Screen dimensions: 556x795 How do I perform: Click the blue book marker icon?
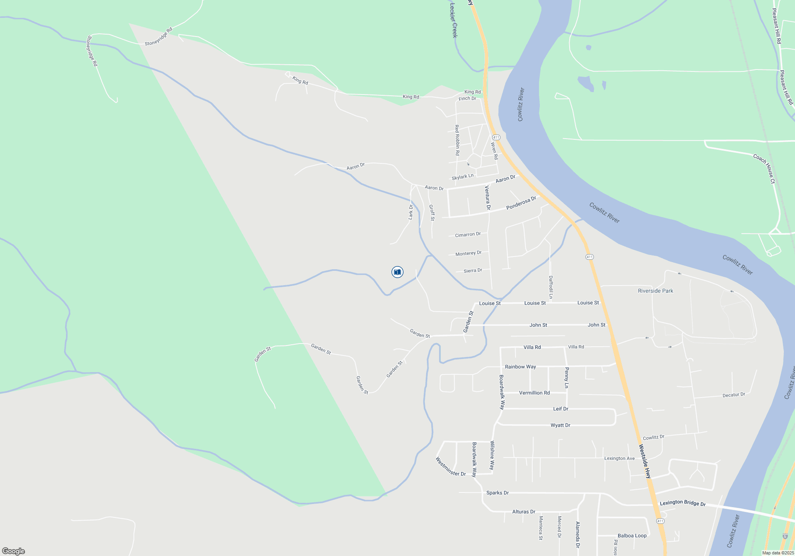(397, 272)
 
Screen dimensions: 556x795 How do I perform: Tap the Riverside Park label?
(655, 291)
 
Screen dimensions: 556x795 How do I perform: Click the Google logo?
(14, 551)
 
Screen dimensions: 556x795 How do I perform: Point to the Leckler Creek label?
(454, 20)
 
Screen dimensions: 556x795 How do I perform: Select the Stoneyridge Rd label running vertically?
(92, 51)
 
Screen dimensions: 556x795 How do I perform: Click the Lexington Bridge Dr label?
(683, 503)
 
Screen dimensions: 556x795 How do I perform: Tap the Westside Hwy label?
(645, 461)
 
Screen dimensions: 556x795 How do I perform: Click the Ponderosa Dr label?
(521, 203)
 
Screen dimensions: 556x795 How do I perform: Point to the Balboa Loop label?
(632, 536)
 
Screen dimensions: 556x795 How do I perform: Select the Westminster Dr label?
(450, 467)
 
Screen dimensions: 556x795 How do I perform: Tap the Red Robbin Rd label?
(457, 140)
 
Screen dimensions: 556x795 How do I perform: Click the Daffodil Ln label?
(551, 287)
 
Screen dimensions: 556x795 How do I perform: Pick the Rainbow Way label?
(520, 367)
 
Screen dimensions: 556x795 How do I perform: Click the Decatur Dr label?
(734, 395)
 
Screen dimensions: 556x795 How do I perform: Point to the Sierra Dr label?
(473, 270)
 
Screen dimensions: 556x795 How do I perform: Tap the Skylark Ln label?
(462, 177)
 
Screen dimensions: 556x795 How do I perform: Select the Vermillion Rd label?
(534, 393)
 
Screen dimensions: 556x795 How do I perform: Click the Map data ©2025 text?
(778, 553)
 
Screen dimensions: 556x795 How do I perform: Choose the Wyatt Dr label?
(560, 425)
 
